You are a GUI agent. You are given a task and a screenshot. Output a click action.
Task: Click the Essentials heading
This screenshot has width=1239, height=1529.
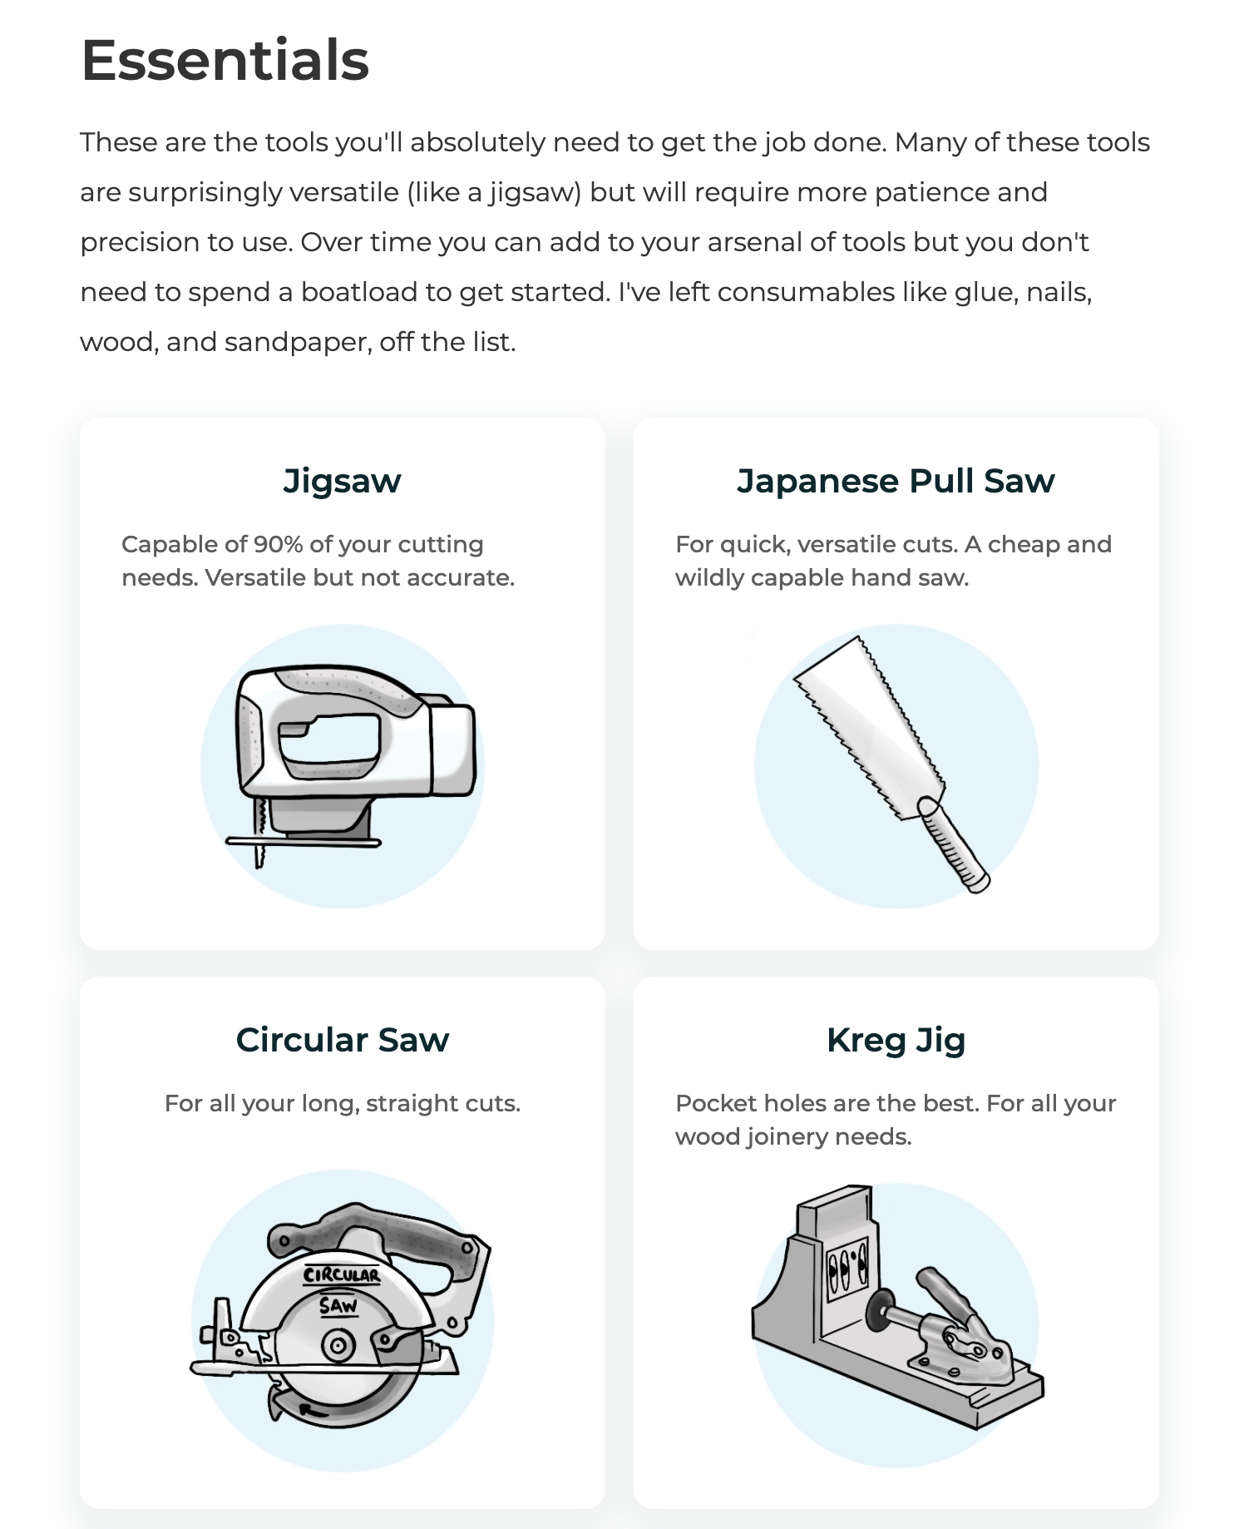pyautogui.click(x=225, y=60)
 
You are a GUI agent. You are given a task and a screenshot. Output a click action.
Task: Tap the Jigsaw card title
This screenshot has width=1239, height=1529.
pyautogui.click(x=342, y=482)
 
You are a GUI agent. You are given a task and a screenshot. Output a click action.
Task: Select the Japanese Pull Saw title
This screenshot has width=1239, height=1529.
pyautogui.click(x=896, y=482)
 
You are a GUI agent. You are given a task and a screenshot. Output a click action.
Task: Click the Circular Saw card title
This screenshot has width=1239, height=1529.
pyautogui.click(x=342, y=1040)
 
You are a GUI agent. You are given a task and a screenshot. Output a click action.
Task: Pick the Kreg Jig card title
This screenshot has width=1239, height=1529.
pyautogui.click(x=896, y=1041)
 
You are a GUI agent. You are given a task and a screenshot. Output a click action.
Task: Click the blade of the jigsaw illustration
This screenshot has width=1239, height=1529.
pyautogui.click(x=260, y=832)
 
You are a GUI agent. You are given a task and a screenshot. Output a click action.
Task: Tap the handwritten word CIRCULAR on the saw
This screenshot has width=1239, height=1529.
pyautogui.click(x=341, y=1274)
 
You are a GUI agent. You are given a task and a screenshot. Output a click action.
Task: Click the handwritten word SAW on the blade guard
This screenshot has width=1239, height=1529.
pyautogui.click(x=338, y=1305)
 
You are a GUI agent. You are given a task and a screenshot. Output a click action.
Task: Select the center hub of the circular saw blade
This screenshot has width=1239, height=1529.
pyautogui.click(x=338, y=1345)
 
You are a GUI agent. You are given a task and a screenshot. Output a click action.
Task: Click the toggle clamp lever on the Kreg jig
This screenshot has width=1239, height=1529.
pyautogui.click(x=944, y=1294)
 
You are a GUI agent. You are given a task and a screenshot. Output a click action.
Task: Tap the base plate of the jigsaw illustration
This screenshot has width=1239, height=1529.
pyautogui.click(x=304, y=842)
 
